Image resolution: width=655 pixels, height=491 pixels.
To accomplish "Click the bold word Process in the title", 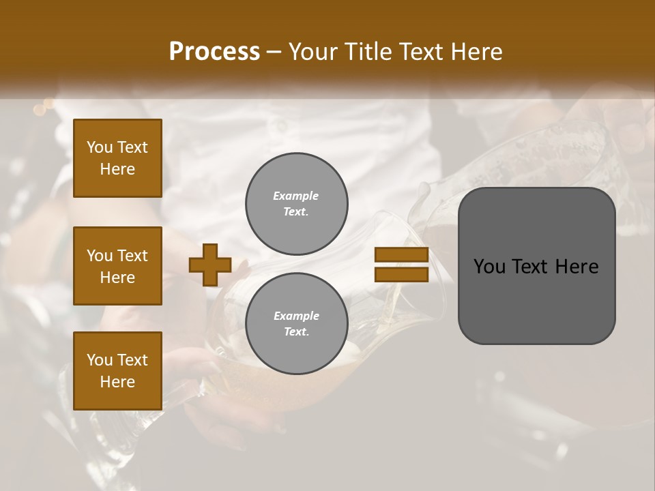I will coord(214,52).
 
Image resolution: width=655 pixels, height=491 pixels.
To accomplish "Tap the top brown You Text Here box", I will coord(117,158).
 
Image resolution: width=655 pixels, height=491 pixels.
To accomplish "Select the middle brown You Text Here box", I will coord(117,266).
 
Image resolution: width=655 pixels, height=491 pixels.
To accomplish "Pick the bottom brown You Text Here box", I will coord(117,370).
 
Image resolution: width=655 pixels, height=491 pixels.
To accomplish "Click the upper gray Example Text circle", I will coord(296,203).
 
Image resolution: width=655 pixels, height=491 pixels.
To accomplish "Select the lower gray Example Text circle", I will coord(296,323).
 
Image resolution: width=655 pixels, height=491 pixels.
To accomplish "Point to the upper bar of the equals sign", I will coord(401,255).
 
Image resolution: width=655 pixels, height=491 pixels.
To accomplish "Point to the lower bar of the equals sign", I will coord(401,275).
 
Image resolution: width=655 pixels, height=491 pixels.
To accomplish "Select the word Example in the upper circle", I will coord(296,196).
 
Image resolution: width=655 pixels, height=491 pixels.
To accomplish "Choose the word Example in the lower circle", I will coord(296,316).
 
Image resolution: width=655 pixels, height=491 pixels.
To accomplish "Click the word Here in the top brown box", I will coord(117,169).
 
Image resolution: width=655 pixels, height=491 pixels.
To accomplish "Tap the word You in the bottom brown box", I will coord(99,360).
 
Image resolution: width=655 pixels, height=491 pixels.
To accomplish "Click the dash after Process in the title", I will coord(274,52).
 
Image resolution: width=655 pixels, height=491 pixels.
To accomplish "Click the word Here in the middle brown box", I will coord(117,278).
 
